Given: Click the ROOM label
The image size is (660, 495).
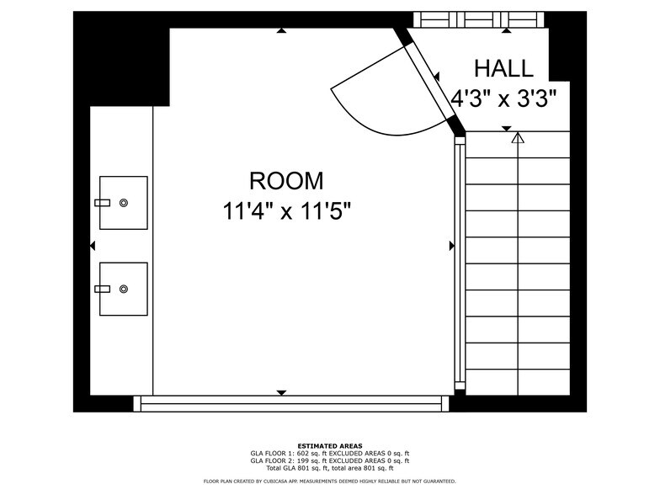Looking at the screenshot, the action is (x=286, y=180).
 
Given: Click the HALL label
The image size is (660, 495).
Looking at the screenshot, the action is (x=503, y=69).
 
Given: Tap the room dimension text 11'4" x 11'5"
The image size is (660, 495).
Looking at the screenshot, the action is (x=286, y=210).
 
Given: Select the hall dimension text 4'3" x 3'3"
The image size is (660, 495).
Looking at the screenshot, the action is (x=503, y=99).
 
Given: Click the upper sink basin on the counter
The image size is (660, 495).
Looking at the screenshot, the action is (x=123, y=203).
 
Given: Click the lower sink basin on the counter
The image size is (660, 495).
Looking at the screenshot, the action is (x=123, y=289).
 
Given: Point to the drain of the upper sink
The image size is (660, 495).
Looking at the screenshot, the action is (x=123, y=203).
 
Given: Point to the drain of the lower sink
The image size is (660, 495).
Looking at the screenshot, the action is (x=123, y=289).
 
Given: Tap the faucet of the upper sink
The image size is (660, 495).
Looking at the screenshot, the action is (x=103, y=203).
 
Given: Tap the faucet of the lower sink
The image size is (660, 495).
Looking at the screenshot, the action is (x=103, y=289).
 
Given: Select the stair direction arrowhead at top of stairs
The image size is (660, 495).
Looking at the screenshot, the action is (x=518, y=138).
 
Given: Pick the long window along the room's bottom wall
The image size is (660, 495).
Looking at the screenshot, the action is (x=291, y=403).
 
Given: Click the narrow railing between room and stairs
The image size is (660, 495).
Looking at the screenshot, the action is (x=460, y=263).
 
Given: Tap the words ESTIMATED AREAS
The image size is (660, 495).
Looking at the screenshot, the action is (x=330, y=446).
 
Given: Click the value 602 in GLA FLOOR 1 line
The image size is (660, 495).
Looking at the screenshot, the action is (x=303, y=454).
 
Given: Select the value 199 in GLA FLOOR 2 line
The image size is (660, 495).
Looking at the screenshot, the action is (x=303, y=461).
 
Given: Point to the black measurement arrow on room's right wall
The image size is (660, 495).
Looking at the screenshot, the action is (x=452, y=246).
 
